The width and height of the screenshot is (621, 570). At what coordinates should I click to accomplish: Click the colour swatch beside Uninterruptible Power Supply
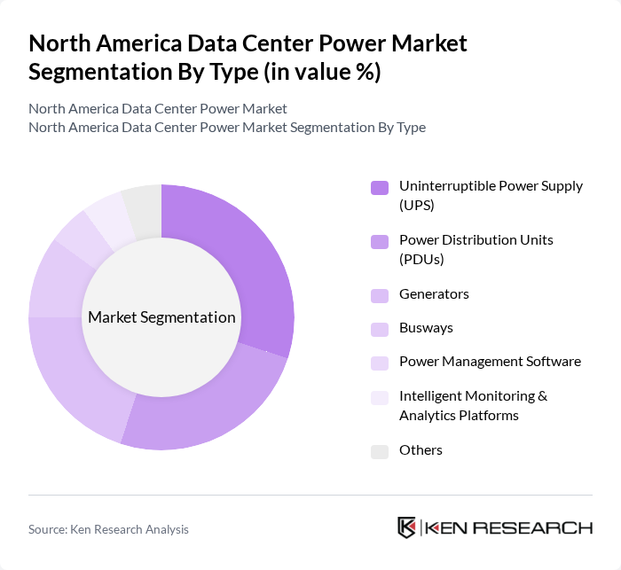(x=380, y=187)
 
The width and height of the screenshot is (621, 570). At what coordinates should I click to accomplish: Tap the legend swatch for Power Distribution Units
(x=380, y=241)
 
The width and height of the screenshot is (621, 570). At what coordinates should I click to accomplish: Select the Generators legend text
(x=434, y=294)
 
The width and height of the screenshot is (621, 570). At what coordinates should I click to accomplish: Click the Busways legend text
(x=426, y=328)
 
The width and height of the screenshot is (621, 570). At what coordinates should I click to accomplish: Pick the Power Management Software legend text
(x=490, y=362)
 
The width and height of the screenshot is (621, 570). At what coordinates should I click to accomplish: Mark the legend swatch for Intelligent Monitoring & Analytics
(x=380, y=397)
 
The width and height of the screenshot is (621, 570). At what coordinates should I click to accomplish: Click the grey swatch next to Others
(x=380, y=451)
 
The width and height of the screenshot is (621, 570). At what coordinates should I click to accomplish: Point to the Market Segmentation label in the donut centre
(x=161, y=317)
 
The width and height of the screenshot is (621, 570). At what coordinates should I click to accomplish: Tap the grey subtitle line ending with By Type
(x=227, y=128)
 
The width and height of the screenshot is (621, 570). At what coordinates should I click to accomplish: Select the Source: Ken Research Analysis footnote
(x=108, y=529)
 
